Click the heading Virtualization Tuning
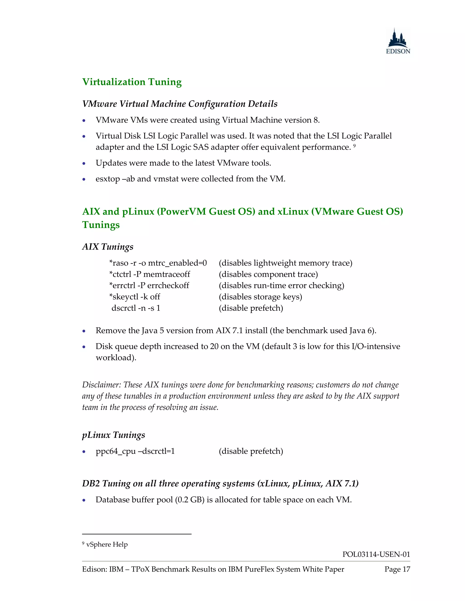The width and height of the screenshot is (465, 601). [132, 82]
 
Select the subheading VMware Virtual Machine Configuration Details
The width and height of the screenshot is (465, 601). [180, 104]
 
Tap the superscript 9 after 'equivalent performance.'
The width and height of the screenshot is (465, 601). [354, 146]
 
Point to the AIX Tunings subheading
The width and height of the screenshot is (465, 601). [108, 247]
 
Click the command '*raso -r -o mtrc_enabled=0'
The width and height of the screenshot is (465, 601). [158, 263]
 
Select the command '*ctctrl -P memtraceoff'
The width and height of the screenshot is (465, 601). [150, 274]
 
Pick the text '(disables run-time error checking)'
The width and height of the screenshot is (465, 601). [281, 286]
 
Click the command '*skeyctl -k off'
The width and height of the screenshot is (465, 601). [135, 297]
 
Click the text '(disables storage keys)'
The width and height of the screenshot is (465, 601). [260, 297]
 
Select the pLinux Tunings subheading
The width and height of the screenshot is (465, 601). [114, 435]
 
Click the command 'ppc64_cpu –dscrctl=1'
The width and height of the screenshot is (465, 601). [135, 451]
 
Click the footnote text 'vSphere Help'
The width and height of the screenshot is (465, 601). [107, 544]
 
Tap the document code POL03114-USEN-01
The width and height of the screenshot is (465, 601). [376, 554]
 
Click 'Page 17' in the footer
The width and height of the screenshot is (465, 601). [397, 569]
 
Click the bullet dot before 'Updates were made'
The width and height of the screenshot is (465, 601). [84, 164]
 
